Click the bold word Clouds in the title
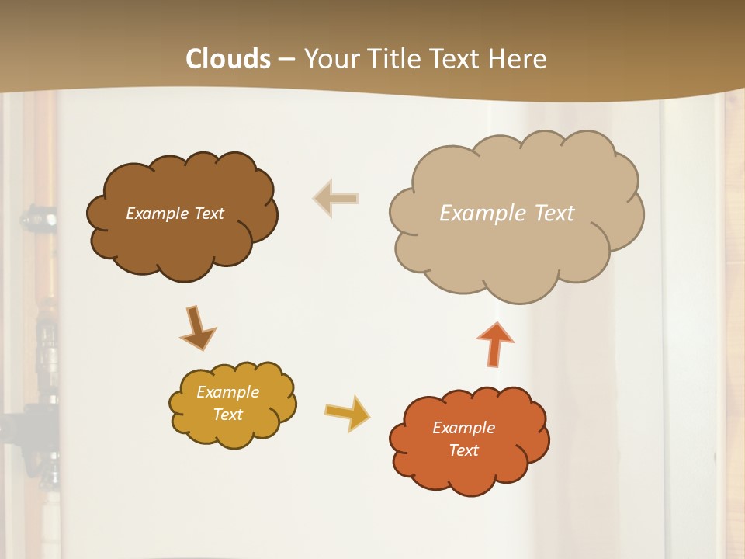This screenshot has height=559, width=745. point(228,59)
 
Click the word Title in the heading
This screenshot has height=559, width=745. point(393,59)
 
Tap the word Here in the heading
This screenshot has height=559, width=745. point(521,59)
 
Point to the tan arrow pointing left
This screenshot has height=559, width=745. point(335,198)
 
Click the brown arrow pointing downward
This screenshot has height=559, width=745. point(197,328)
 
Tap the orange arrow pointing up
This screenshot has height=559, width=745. point(495,344)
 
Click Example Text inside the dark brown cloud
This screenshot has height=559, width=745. point(175,214)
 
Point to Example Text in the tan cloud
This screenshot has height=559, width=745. point(507,214)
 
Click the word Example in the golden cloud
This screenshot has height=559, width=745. point(227,392)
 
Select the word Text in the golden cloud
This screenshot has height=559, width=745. point(227,415)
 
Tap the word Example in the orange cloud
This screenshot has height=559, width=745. point(463,428)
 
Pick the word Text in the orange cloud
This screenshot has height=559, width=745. point(463,450)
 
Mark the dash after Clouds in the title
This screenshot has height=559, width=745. point(286,60)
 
